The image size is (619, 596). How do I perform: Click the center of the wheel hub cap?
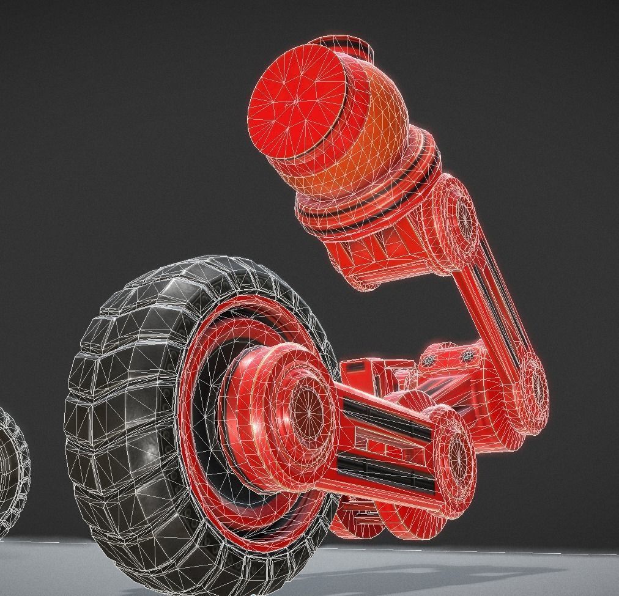306,407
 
